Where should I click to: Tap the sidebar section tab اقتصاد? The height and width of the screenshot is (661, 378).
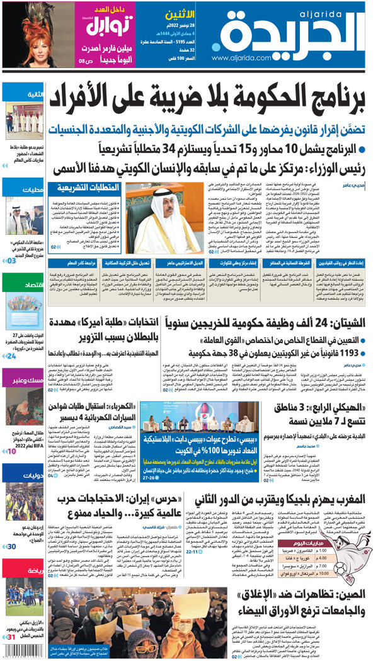point(31,286)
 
